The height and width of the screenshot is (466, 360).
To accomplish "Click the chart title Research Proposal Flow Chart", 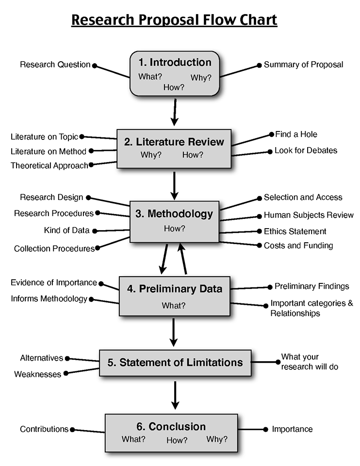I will coord(174,20).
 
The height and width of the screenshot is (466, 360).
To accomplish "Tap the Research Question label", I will coord(55,65).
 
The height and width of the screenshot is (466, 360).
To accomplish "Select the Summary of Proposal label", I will coord(303,65).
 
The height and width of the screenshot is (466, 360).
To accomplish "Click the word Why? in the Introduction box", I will coord(201,78).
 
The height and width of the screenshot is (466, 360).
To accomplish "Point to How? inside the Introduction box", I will coord(174,88).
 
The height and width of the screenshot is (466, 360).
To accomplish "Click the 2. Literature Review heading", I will coord(174,142).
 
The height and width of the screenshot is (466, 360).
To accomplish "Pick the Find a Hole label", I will coord(296,134).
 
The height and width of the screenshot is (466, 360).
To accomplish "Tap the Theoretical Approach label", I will coord(49,166).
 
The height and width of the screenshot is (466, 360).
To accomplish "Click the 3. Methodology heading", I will coord(174,214).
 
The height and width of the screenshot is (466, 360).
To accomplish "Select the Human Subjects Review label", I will coord(309,215).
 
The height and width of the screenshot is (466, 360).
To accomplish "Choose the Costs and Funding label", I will coord(298,246).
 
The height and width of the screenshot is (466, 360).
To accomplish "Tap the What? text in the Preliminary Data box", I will coord(173,305).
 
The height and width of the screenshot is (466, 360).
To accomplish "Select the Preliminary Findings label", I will coord(311,286).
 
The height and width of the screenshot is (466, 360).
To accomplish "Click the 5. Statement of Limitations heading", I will coord(175,362).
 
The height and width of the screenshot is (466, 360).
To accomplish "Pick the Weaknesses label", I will coord(37,374).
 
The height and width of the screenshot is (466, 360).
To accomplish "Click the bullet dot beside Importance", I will coord(265,429).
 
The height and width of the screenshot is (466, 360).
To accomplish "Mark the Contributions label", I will coord(44,429).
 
